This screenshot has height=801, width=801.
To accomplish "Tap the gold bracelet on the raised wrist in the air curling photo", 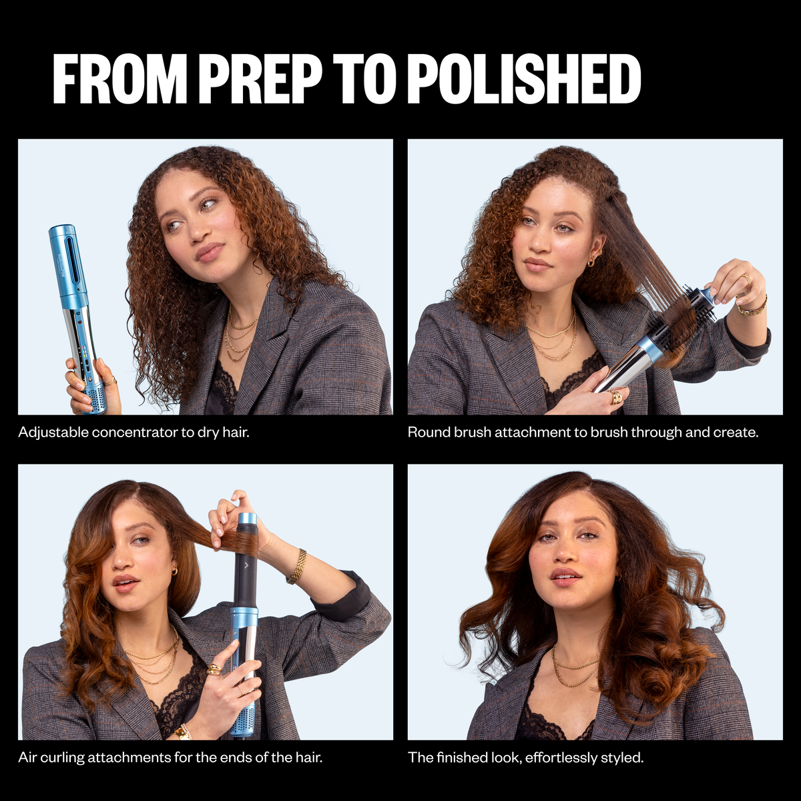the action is click(297, 567).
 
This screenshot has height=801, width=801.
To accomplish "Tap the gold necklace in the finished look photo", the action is click(575, 670).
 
